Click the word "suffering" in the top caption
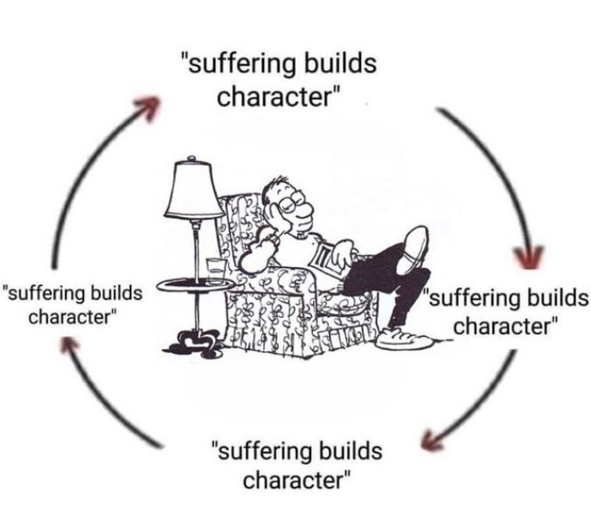pos(241,63)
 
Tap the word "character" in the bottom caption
pos(293,480)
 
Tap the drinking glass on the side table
pos(216,271)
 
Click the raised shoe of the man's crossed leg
pos(414,249)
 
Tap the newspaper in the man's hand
pos(327,259)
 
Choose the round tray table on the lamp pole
pos(195,285)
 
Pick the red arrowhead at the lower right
pos(431,440)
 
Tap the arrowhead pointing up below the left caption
pos(69,344)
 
